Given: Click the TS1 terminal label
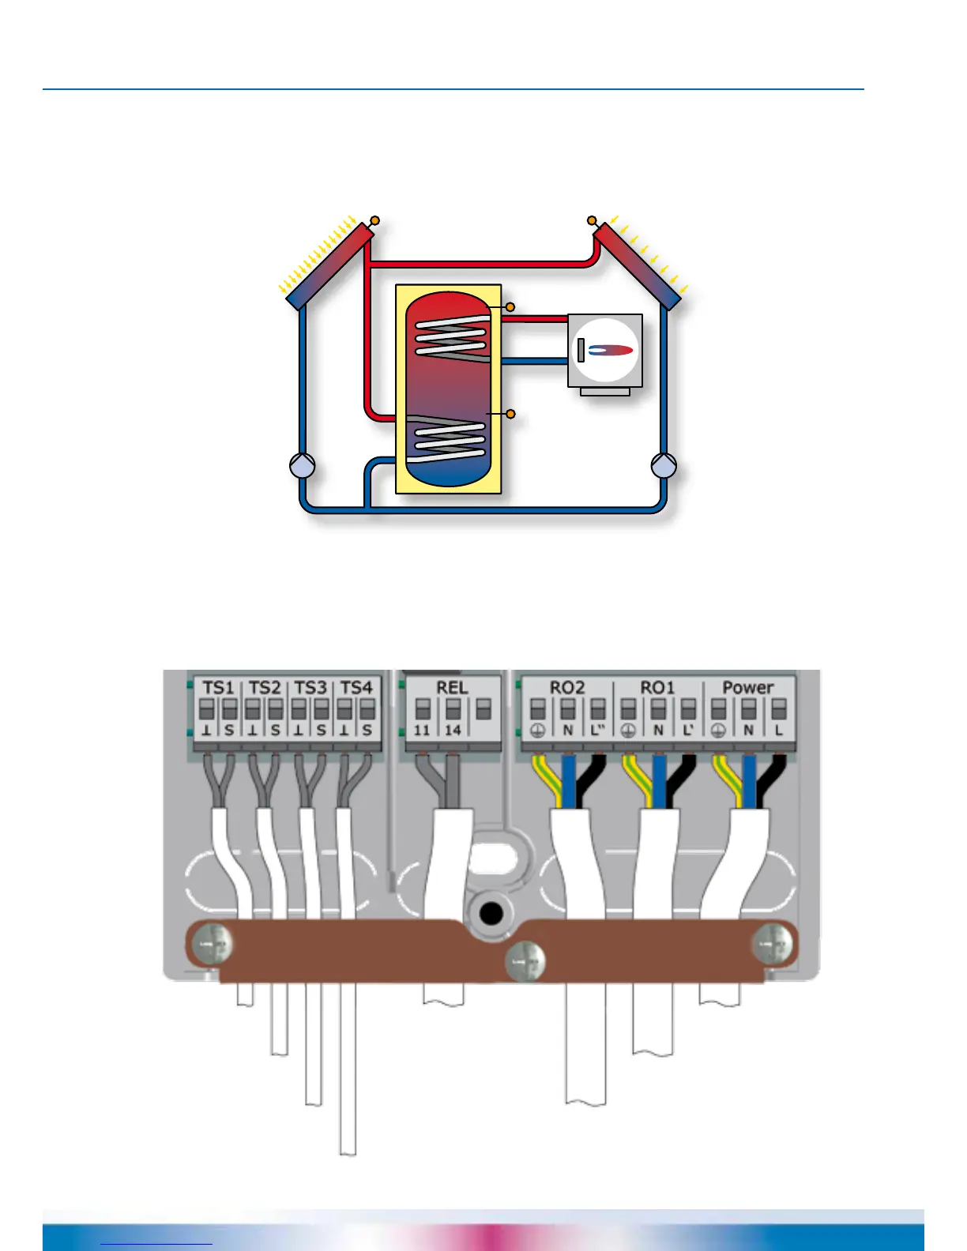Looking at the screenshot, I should pos(218,687).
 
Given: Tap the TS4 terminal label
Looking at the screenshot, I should pos(356,687).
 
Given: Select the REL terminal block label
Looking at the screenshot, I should pos(452,687).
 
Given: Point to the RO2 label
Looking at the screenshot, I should pos(566,687).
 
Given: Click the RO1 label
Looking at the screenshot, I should pos(657,687).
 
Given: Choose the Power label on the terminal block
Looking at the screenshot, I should pos(747,687).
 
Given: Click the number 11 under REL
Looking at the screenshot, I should pos(422,730).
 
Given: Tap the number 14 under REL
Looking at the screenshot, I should pos(452,730).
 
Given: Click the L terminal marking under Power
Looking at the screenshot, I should pos(779,731).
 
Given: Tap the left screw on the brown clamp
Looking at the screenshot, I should pos(214,944).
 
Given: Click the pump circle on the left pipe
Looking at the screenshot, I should pos(303,466).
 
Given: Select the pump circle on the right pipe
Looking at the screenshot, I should pos(664,466).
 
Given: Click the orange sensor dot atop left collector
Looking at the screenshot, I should pos(374,220).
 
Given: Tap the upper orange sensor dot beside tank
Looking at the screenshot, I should pos(510,306).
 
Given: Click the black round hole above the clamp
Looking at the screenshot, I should pos(491,915).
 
